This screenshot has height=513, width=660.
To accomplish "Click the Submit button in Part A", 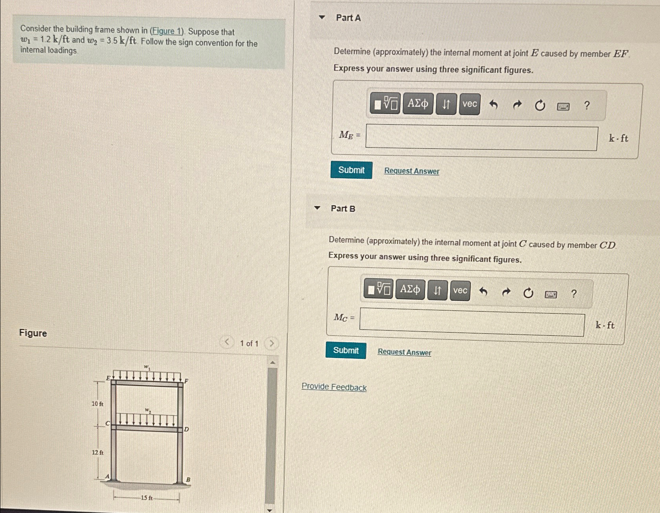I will pyautogui.click(x=351, y=170).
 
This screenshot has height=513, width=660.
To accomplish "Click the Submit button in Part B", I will pyautogui.click(x=346, y=350).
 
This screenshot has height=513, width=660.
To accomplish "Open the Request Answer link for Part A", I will pyautogui.click(x=412, y=171).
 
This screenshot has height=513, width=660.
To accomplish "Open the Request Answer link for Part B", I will pyautogui.click(x=404, y=352).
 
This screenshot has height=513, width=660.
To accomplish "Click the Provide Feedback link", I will pyautogui.click(x=334, y=387).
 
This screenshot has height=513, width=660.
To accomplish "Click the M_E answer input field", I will pyautogui.click(x=481, y=138).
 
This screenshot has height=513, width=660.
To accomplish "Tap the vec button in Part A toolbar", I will pyautogui.click(x=470, y=104).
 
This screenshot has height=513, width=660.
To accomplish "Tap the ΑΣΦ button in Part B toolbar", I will pyautogui.click(x=410, y=290).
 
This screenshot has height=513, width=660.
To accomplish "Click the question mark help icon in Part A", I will pyautogui.click(x=587, y=106).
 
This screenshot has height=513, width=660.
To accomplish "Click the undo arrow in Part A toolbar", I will pyautogui.click(x=493, y=105).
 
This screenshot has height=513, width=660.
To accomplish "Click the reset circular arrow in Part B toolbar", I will pyautogui.click(x=528, y=293).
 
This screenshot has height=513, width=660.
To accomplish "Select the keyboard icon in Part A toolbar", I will pyautogui.click(x=563, y=106).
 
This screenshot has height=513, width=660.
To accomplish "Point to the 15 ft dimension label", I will pyautogui.click(x=147, y=498).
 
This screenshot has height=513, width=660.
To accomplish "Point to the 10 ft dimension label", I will pyautogui.click(x=97, y=404).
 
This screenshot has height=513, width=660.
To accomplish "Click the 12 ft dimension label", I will pyautogui.click(x=98, y=453).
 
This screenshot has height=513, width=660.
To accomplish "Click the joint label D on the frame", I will pyautogui.click(x=186, y=429).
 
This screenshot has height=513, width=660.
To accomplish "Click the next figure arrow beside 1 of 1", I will pyautogui.click(x=271, y=343).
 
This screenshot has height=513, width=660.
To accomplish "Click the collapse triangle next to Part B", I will pyautogui.click(x=317, y=208).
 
